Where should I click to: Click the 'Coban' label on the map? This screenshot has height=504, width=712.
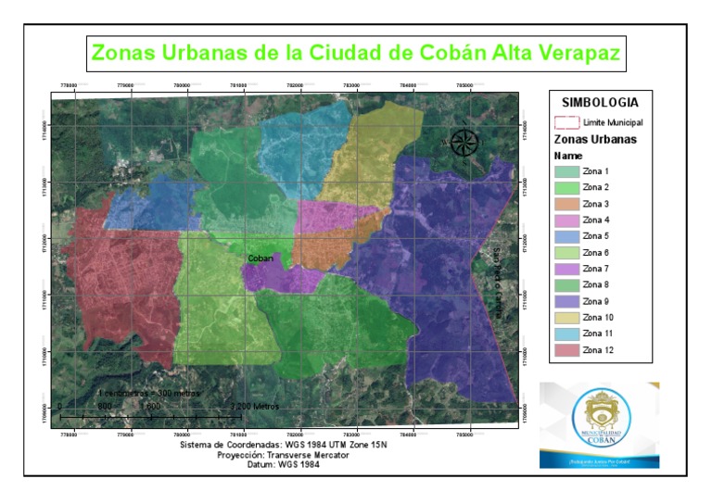261,258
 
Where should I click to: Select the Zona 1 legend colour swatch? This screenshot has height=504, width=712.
566,171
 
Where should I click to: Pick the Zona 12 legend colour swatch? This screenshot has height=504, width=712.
566,350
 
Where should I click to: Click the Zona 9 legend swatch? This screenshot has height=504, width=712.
566,301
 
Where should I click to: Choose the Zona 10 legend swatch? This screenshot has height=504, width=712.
566,318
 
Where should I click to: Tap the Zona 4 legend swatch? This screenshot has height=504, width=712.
566,220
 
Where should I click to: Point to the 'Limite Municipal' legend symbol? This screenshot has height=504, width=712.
566,121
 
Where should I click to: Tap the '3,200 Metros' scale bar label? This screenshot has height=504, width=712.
255,407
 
